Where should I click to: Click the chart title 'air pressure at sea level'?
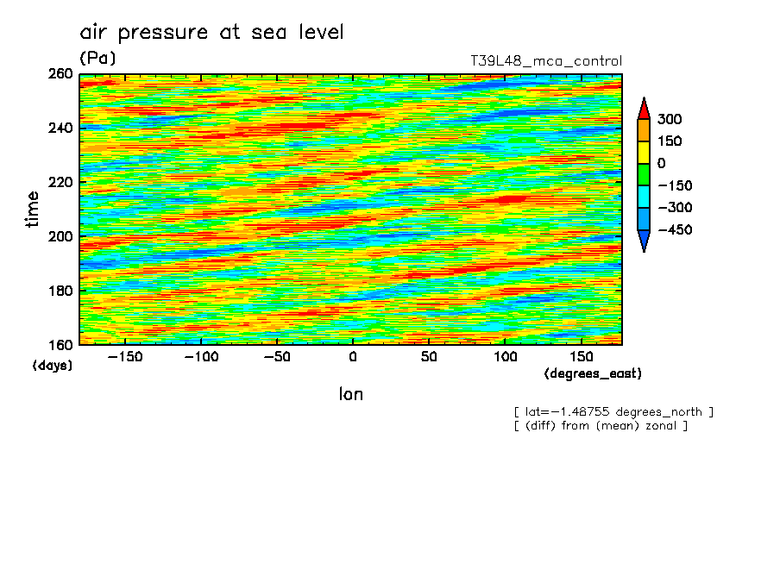coord(211,33)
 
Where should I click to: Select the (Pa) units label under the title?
coord(97,59)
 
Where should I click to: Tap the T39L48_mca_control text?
coord(545,61)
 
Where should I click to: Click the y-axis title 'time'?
coord(33,210)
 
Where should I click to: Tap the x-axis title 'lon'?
coord(350,394)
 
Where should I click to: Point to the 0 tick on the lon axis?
coord(351,357)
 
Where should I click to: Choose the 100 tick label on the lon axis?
coord(504,357)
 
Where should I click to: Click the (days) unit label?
coord(52,366)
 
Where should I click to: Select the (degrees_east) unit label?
coord(593,374)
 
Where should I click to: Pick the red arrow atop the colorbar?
coord(644,109)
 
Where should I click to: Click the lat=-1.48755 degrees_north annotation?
coord(613,412)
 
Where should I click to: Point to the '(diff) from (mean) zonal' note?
coord(601,426)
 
